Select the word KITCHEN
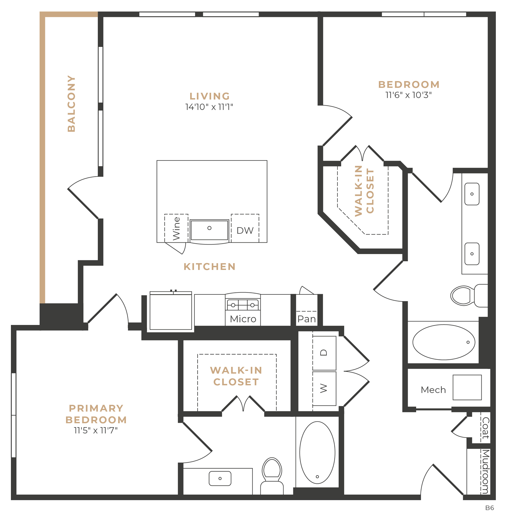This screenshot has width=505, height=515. [x=210, y=267]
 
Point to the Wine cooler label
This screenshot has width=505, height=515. [x=176, y=228]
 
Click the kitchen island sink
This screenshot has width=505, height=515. [x=209, y=230]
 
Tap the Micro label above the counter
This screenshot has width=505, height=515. [x=243, y=319]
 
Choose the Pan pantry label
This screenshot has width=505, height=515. [x=307, y=319]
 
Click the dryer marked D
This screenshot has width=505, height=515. [x=324, y=353]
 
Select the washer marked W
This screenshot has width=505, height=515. [x=324, y=389]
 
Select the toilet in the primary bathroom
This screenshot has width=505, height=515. [x=272, y=476]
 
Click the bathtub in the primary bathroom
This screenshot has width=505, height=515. [x=317, y=452]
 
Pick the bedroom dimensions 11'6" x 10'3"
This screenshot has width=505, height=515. [x=408, y=95]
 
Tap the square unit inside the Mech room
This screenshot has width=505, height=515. [x=467, y=387]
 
